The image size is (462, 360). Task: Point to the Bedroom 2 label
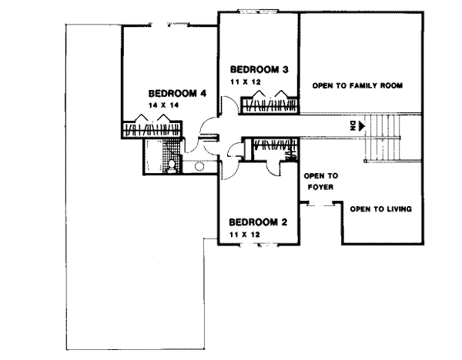[258, 222]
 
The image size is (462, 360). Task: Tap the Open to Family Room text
[357, 85]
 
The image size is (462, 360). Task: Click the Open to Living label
[380, 208]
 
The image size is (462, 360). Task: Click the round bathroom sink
[199, 165]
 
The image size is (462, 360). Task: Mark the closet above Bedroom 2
[269, 146]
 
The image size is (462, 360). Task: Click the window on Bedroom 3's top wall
[259, 12]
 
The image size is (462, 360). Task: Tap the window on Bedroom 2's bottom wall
[256, 245]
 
